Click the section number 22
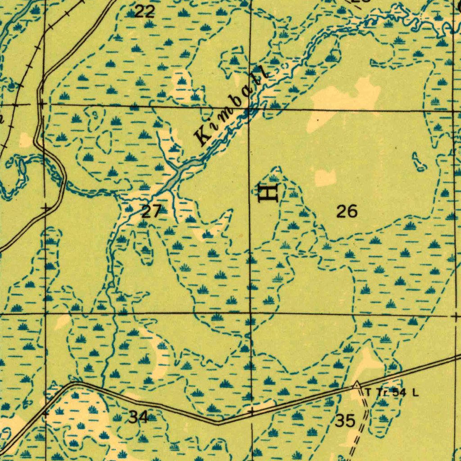145,12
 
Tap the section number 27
151,211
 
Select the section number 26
347,211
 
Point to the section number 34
138,417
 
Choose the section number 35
345,421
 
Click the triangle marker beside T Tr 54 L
357,385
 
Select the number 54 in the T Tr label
399,393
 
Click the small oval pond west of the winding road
22,167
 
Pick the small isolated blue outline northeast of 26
419,163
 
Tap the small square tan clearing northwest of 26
325,178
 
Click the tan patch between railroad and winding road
26,140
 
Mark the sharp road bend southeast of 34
218,423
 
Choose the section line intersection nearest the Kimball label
250,108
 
